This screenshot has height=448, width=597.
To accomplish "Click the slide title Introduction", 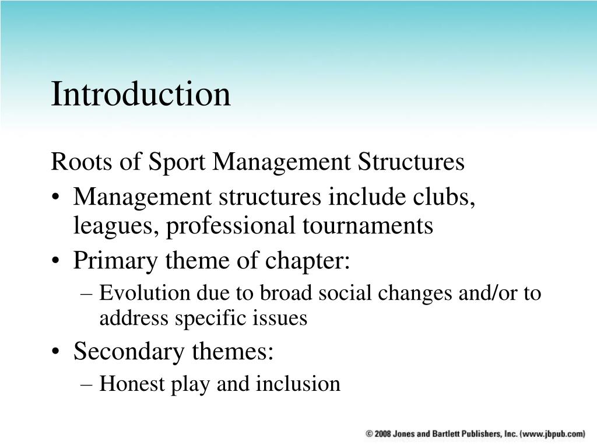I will pos(141,94).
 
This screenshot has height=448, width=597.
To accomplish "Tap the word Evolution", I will pos(137,293).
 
